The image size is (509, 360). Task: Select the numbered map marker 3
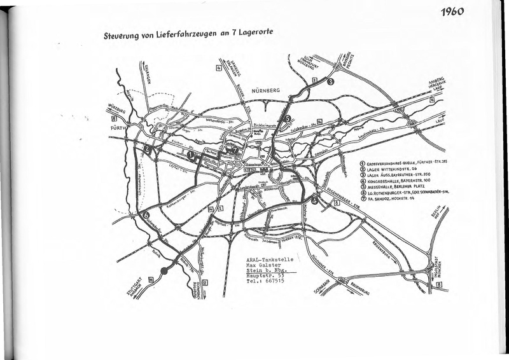pos(330,81)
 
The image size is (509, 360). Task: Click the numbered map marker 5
pos(288,119)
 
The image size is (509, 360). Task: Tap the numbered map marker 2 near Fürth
pos(147,150)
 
